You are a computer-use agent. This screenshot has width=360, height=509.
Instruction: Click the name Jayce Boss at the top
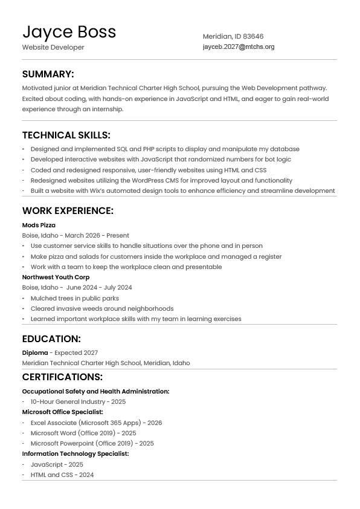pos(69,31)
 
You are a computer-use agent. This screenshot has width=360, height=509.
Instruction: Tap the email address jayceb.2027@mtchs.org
pos(238,47)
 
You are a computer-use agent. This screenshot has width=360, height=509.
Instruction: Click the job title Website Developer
pos(53,47)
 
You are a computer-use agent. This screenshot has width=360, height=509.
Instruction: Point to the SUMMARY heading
pos(48,74)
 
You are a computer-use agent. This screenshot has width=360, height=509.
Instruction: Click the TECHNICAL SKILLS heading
pos(66,135)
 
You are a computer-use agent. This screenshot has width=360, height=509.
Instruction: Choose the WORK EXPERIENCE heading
pos(68,211)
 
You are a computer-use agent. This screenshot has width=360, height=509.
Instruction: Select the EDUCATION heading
pos(51,339)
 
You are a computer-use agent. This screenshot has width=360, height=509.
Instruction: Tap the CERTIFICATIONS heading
pos(62,377)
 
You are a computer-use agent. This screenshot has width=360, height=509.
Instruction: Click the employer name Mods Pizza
pos(39,225)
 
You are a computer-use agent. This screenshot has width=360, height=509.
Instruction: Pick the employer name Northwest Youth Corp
pos(56,277)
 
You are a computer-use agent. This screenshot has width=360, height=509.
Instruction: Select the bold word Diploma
pos(34,352)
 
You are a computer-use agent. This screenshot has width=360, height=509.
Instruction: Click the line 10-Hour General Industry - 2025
pos(78,401)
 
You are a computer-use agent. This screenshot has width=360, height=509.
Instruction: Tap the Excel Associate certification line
pos(96,423)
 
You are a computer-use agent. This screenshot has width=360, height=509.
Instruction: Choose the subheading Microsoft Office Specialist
pos(63,412)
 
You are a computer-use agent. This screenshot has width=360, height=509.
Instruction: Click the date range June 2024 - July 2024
pos(99,287)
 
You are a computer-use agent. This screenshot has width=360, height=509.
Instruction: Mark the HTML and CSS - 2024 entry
pos(62,475)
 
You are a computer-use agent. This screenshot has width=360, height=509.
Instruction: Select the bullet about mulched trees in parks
pos(74,298)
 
